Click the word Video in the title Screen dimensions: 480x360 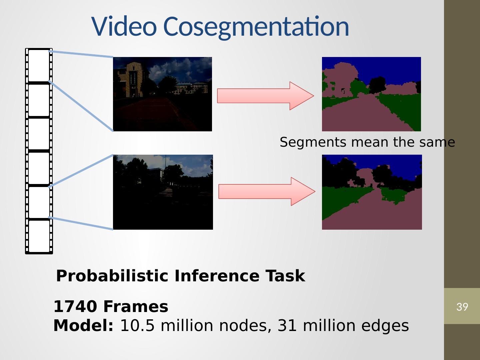(124, 26)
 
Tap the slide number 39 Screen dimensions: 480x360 (462, 307)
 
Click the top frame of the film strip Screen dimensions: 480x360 (39, 65)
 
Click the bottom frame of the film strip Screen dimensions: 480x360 (39, 236)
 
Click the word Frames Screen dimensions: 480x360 (136, 306)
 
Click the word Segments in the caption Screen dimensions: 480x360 (313, 143)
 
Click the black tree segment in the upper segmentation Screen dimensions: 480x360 (377, 85)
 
